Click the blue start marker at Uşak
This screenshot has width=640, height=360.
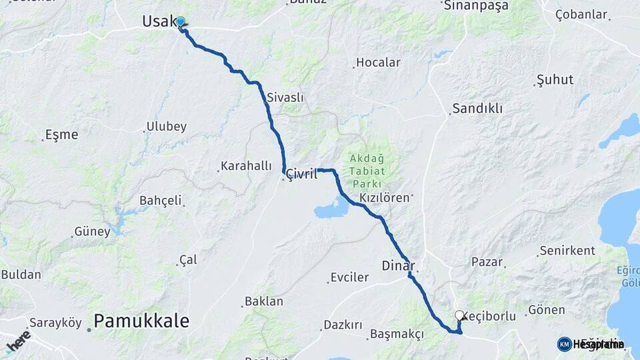click(x=180, y=22)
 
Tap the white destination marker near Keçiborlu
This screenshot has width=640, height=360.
click(x=459, y=315)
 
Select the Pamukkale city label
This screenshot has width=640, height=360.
click(x=141, y=321)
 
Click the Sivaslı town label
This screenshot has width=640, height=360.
click(x=285, y=97)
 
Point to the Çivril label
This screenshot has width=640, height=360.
click(x=301, y=174)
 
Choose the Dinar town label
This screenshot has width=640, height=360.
click(x=398, y=265)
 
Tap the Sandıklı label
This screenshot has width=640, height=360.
click(x=477, y=108)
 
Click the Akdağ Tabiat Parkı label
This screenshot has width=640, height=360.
click(x=366, y=171)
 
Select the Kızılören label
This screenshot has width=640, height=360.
click(x=384, y=198)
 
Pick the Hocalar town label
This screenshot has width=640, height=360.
click(x=378, y=63)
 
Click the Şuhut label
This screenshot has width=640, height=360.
click(x=555, y=80)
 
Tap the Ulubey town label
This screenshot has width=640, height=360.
click(x=167, y=127)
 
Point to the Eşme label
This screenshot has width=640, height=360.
click(x=61, y=135)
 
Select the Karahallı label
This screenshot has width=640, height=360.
click(x=247, y=166)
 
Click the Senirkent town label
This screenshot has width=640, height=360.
click(x=567, y=251)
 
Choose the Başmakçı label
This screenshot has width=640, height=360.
click(x=397, y=333)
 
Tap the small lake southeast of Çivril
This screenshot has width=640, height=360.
click(x=331, y=210)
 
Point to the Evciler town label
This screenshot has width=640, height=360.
click(x=350, y=277)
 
